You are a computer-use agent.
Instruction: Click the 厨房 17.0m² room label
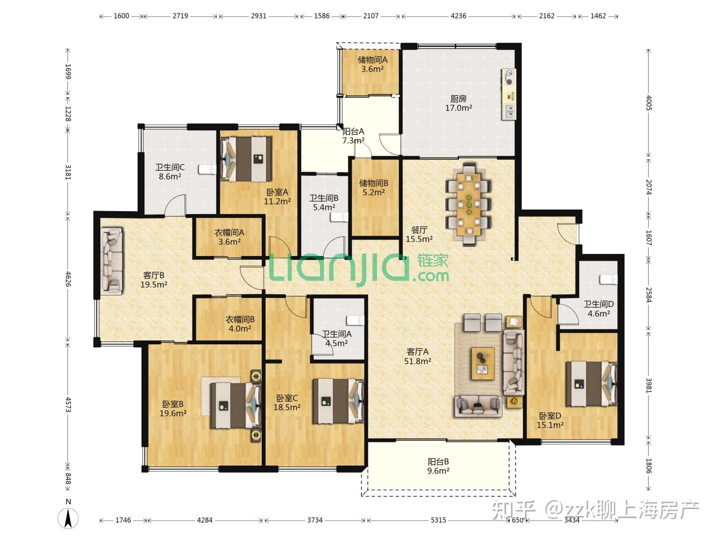pos(458,103)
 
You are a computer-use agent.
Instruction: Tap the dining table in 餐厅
pos(469,204)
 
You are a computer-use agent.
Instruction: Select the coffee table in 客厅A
pos(483,363)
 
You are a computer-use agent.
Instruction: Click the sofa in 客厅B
pos(112,261)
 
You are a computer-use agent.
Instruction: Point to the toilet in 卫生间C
pos(207,169)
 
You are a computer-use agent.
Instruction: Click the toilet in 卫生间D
pos(609,279)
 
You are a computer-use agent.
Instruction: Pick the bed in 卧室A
pos(246,159)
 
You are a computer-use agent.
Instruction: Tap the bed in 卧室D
pos(592,384)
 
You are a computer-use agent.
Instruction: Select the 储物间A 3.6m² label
pos(372,64)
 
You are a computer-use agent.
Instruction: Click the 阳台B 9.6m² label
pos(438,466)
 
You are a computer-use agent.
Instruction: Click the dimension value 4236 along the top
pos(458,15)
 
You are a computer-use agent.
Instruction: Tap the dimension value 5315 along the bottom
pos(438,520)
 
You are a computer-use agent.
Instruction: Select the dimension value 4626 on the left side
pos(68,279)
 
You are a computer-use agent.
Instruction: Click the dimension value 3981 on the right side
pos(649,385)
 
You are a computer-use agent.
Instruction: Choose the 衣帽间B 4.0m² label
pos(240,324)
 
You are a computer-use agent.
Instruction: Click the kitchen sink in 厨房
pos(509,111)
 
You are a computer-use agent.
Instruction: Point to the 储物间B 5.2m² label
pos(373,188)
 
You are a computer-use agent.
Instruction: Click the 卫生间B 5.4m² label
pos(324,203)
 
